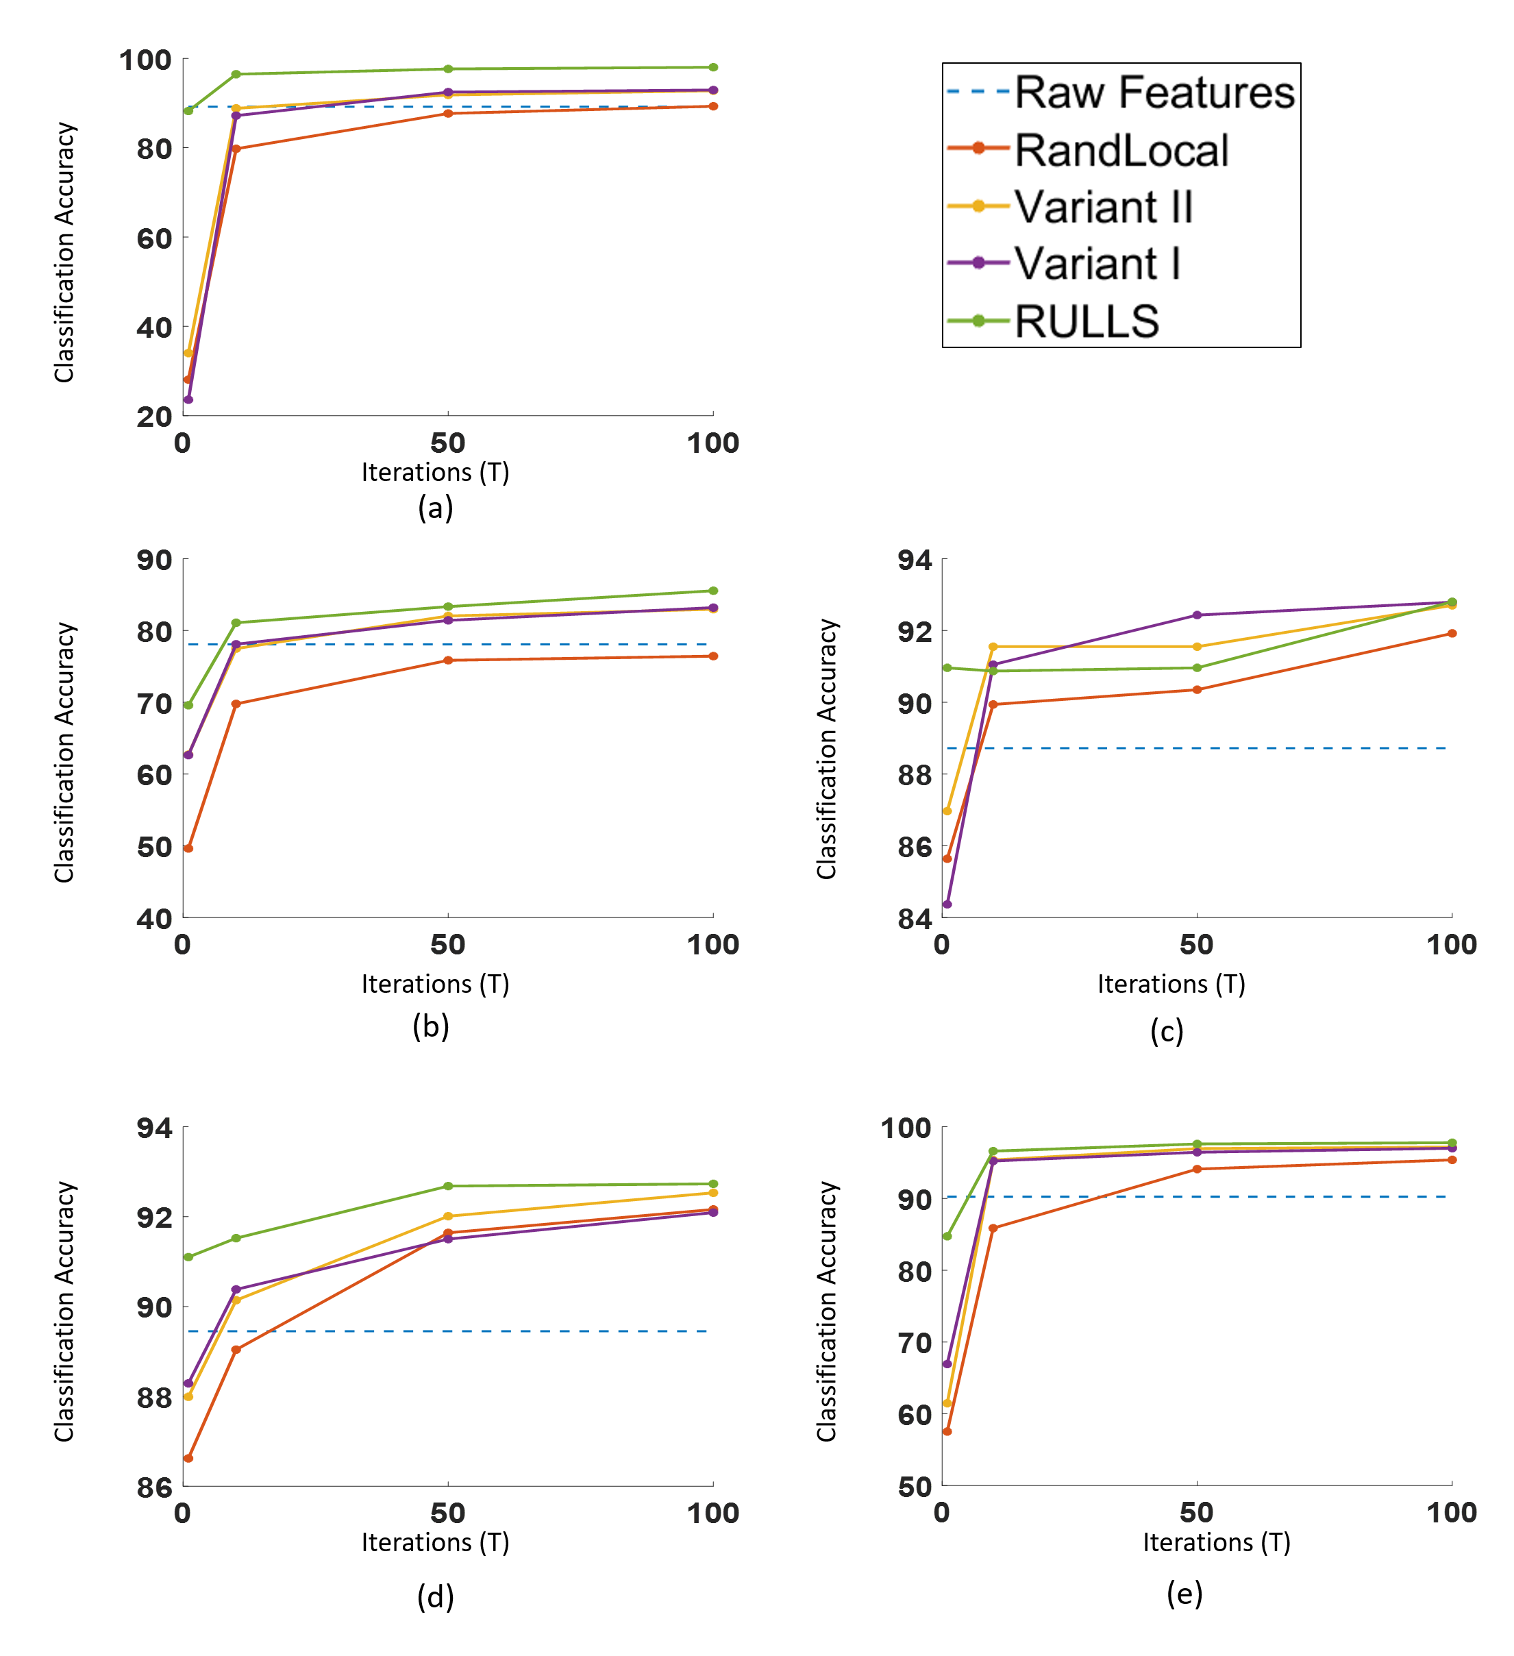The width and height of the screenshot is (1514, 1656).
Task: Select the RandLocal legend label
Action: (x=1121, y=150)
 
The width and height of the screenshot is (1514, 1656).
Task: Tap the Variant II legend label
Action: (x=1103, y=206)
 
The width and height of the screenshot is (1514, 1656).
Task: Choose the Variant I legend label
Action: (x=1097, y=264)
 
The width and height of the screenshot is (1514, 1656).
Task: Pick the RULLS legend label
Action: (x=1087, y=321)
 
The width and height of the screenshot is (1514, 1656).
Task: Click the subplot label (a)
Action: (x=436, y=508)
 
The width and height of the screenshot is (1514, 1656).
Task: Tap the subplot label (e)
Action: (x=1184, y=1593)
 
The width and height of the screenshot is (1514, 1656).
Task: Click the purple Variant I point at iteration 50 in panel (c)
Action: (x=1197, y=615)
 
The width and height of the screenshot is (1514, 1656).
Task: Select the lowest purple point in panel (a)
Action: (x=188, y=399)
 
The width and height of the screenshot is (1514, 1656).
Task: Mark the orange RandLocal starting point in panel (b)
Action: (x=188, y=848)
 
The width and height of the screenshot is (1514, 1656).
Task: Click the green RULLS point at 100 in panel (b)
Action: (x=713, y=591)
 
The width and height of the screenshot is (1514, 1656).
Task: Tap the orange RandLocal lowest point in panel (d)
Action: (x=188, y=1458)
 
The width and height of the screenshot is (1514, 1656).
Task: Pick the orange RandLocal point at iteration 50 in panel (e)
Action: (x=1197, y=1169)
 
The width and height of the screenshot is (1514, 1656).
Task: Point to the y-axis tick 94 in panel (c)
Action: (x=915, y=560)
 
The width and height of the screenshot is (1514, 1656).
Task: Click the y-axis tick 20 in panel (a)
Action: (x=154, y=417)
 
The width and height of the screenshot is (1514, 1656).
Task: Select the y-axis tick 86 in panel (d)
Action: (x=154, y=1487)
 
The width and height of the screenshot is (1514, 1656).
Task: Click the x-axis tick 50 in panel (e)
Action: (x=1196, y=1512)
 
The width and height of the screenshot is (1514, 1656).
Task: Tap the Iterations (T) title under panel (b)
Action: (x=436, y=984)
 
